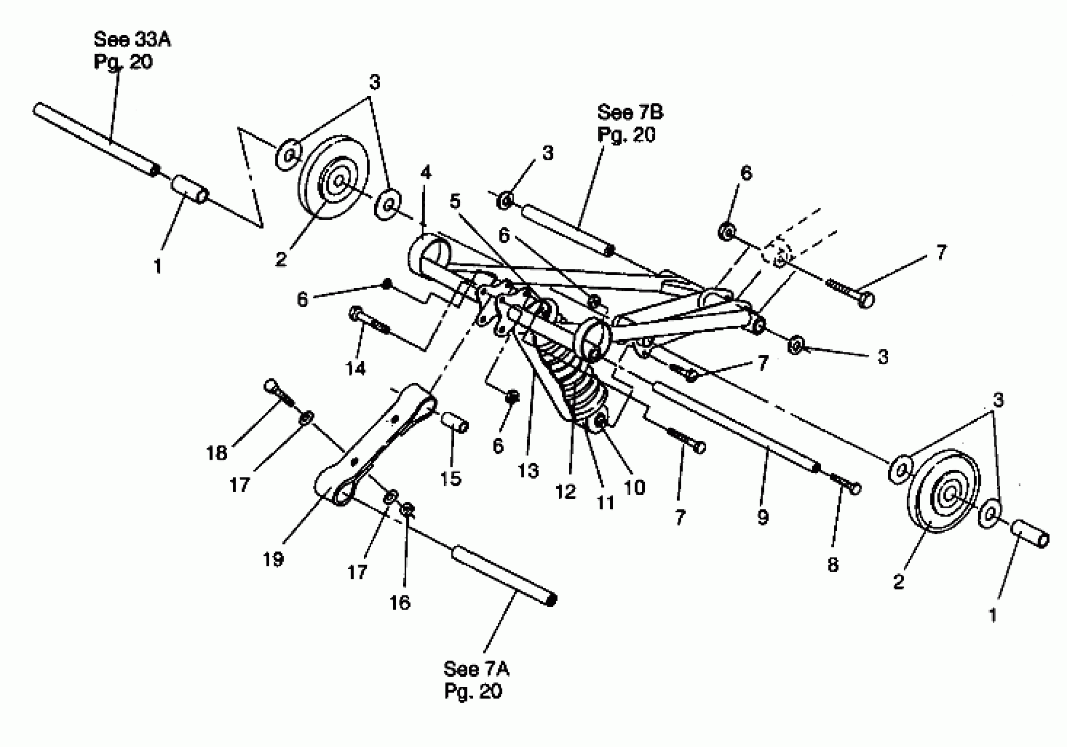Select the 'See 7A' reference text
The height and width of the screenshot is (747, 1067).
click(476, 669)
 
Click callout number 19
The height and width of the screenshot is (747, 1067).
click(273, 559)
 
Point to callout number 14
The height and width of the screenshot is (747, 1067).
click(355, 368)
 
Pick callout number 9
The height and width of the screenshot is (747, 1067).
click(763, 517)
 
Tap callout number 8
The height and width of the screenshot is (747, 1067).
click(833, 564)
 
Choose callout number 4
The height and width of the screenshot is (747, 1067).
click(426, 173)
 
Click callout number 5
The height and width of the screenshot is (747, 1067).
click(455, 201)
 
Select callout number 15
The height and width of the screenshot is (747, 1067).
click(450, 479)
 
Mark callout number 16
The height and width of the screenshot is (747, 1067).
click(400, 602)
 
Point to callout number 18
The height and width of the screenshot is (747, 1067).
click(217, 452)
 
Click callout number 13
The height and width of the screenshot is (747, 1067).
click(528, 471)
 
